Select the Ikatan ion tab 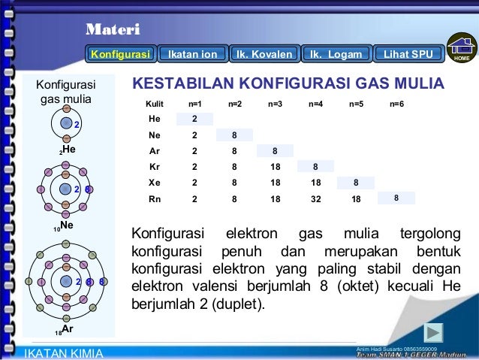point(192,54)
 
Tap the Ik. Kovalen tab point(264,54)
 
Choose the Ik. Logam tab point(336,54)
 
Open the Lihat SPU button point(408,54)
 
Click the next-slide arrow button point(433,331)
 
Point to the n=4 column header point(315,103)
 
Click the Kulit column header point(155,103)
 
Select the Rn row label point(155,199)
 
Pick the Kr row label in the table point(155,167)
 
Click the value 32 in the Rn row point(315,199)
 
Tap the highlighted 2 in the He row point(194,119)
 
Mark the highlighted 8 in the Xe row point(356,183)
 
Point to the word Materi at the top point(112,30)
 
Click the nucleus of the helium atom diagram point(66,123)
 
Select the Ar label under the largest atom point(67,329)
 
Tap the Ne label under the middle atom point(66,225)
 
